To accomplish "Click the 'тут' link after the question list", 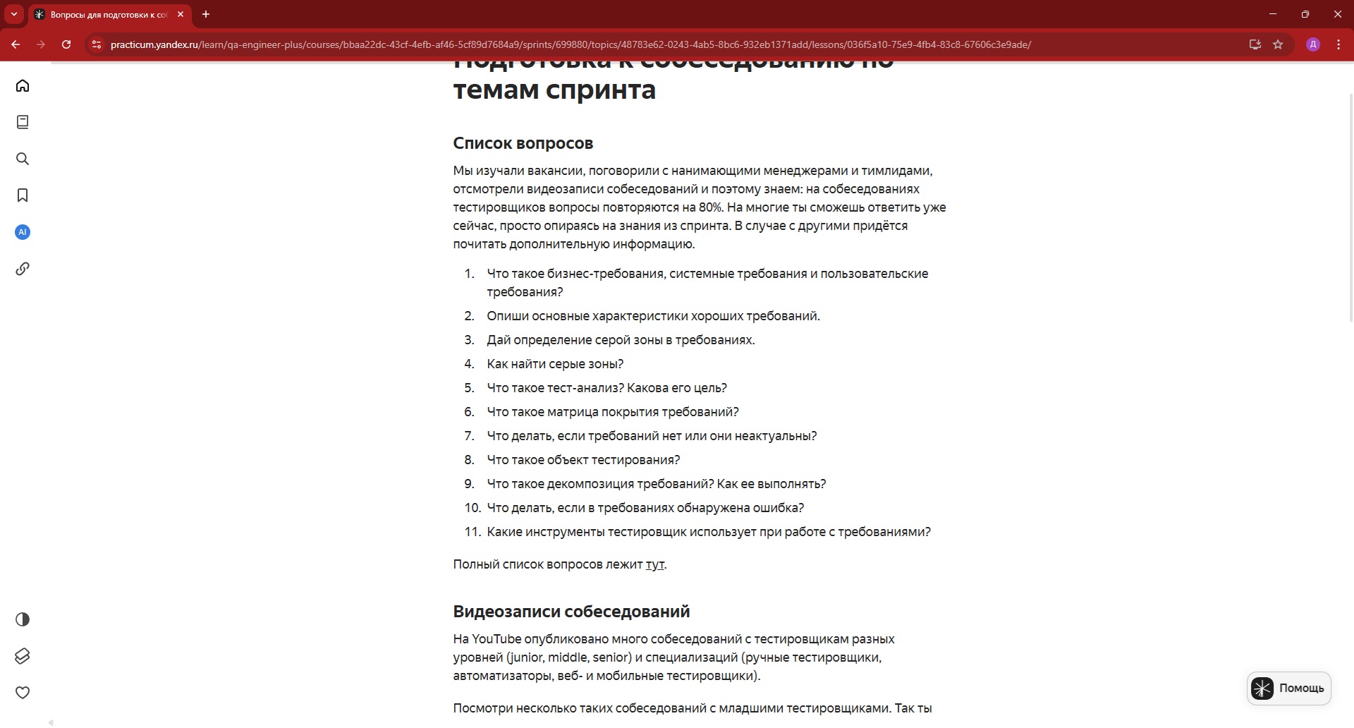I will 654,565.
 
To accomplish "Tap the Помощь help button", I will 1288,688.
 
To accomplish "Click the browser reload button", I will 66,44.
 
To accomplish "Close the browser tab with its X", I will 181,14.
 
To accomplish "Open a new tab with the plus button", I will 206,14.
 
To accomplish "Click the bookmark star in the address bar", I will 1278,44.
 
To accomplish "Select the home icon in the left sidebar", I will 23,86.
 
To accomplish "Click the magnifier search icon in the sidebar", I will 23,159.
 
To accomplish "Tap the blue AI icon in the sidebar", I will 23,232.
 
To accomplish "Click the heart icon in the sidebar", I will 23,693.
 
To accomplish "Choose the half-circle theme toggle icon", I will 23,619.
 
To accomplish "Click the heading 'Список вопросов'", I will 523,144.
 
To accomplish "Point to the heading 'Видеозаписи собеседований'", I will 571,612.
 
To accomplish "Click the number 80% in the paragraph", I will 710,207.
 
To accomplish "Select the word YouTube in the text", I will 496,639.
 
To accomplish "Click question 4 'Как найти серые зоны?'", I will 555,364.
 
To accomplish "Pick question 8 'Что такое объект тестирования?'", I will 583,460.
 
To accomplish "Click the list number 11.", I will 472,532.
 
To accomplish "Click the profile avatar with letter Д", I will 1313,44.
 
